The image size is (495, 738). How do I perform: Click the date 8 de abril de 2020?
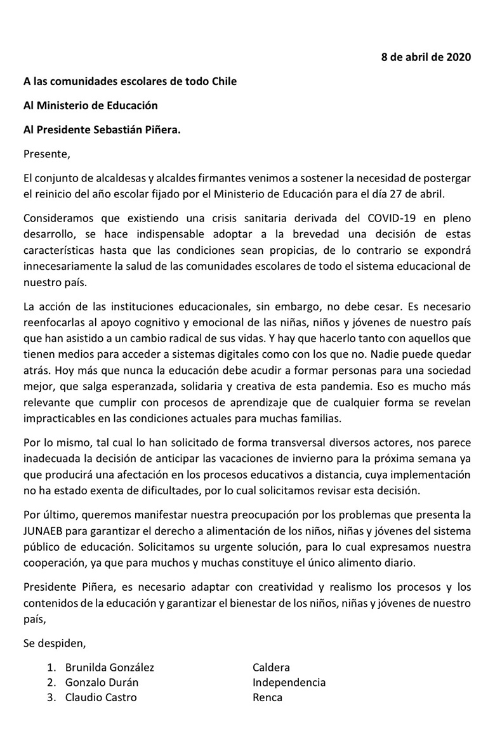(x=426, y=57)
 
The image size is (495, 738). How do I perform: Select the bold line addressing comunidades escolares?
(x=130, y=81)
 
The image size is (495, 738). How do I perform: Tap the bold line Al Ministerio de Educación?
(x=91, y=105)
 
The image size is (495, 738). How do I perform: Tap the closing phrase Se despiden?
(x=54, y=643)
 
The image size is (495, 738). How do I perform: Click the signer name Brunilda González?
(x=109, y=668)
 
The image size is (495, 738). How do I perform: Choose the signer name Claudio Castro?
(x=100, y=698)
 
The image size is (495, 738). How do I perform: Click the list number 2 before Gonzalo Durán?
(x=51, y=683)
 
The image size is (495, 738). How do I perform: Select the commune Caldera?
(x=271, y=668)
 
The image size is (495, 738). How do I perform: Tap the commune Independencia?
(x=289, y=683)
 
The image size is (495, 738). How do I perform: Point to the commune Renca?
(x=267, y=698)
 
